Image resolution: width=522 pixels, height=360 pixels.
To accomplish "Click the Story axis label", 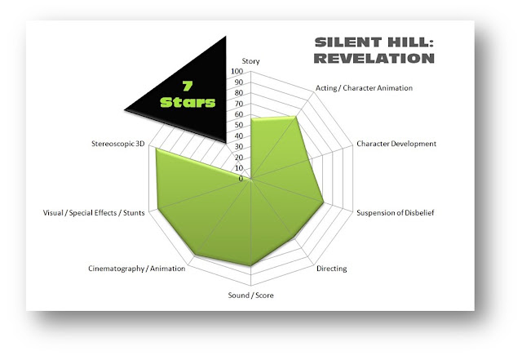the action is click(250, 61).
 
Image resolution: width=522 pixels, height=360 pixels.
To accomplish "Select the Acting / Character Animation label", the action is click(364, 88).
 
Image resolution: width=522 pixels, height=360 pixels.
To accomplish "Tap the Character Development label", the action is click(396, 144).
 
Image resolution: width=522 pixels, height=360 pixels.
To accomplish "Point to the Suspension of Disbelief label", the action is click(395, 213).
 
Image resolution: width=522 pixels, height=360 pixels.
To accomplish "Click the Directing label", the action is click(332, 269).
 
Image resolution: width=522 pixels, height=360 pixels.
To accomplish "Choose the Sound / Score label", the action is click(250, 295).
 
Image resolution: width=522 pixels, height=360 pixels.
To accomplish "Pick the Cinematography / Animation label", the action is click(136, 269).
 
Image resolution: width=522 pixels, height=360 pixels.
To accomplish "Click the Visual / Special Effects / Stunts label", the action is click(94, 213).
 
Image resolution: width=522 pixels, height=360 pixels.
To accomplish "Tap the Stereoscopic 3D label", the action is click(117, 144).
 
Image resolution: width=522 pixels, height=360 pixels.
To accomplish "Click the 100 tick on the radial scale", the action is click(237, 71).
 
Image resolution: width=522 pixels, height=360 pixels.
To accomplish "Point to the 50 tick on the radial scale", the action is click(239, 125).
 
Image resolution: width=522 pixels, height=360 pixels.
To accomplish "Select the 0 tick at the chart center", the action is click(241, 179).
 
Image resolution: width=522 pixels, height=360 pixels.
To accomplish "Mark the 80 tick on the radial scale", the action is click(239, 93).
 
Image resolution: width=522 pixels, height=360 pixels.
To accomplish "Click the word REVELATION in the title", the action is click(374, 58).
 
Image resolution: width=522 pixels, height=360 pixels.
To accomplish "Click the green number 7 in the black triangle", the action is click(188, 86).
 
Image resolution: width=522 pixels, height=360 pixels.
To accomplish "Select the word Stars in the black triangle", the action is click(188, 102).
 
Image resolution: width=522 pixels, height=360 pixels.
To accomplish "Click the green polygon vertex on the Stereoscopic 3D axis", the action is click(156, 149).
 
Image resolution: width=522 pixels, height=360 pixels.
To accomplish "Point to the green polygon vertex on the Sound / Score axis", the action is click(250, 266).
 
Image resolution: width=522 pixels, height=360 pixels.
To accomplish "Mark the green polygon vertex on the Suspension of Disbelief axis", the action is click(324, 202).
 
